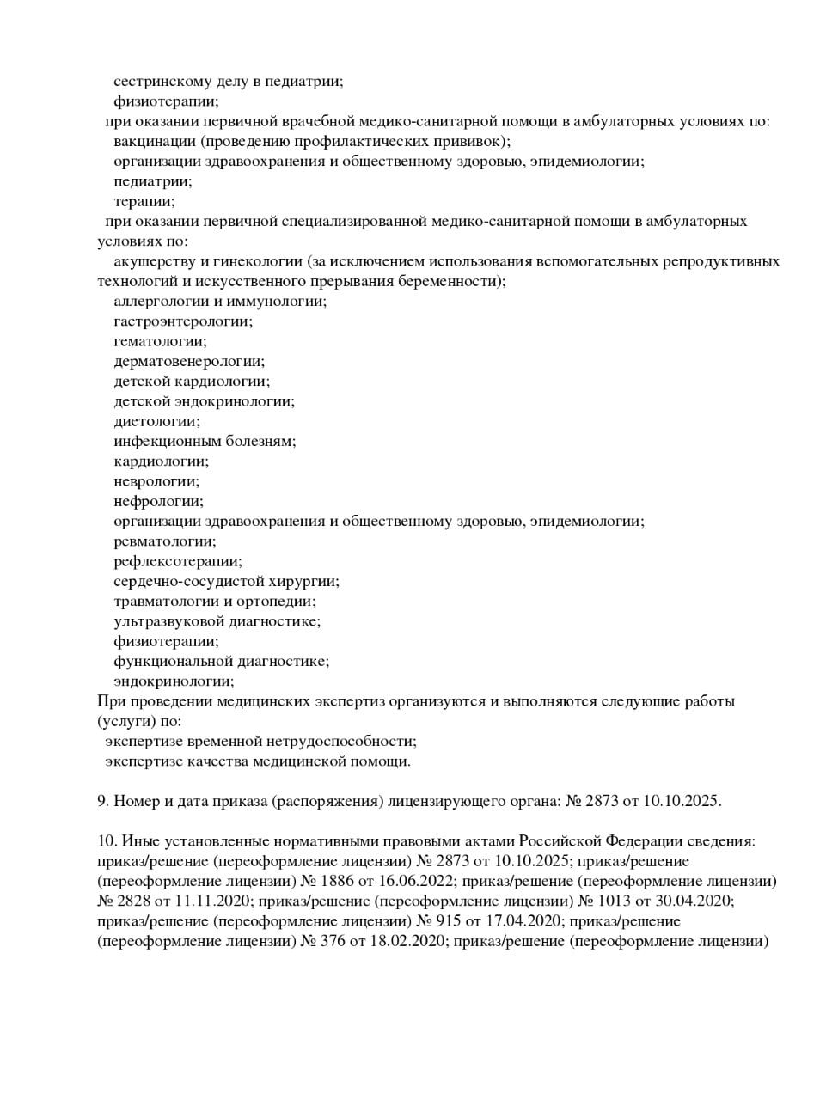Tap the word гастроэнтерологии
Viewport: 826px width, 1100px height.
pyautogui.click(x=183, y=321)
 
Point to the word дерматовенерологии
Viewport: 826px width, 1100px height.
pyautogui.click(x=189, y=361)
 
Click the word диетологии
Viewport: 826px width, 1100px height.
pyautogui.click(x=156, y=421)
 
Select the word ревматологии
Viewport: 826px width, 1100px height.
pyautogui.click(x=164, y=541)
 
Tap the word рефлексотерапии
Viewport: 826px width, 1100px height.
pyautogui.click(x=177, y=561)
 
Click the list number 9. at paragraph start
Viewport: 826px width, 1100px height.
pyautogui.click(x=102, y=801)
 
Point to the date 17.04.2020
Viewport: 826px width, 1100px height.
pyautogui.click(x=516, y=920)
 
